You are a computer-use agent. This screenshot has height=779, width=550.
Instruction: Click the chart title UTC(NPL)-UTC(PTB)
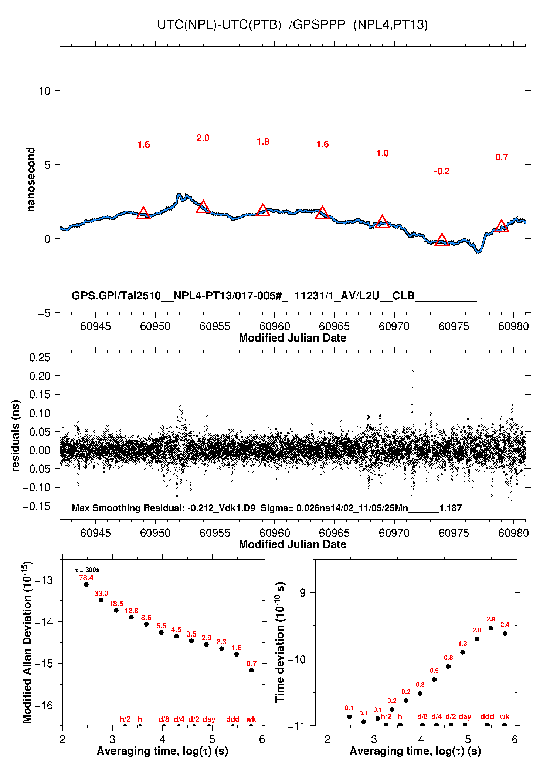coord(219,25)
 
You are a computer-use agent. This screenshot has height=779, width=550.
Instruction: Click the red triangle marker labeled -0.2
coord(442,240)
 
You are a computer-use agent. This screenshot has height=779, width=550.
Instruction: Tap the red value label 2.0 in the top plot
coord(203,138)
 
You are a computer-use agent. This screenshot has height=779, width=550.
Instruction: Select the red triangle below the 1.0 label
coord(382,221)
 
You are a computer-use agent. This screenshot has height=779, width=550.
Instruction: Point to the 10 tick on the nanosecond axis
coord(44,91)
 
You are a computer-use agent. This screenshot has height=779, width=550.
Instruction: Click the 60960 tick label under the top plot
coord(275,326)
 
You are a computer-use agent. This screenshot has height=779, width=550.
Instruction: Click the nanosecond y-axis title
coord(31,179)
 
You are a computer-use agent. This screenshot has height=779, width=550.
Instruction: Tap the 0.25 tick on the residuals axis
coord(40,357)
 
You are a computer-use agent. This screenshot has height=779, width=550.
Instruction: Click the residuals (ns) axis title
coord(16,436)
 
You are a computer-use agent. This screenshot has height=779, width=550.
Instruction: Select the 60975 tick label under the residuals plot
coord(454,533)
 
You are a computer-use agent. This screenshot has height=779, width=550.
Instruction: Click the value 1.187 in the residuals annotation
coord(451,508)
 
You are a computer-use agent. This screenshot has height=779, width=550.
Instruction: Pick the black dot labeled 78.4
coord(86,584)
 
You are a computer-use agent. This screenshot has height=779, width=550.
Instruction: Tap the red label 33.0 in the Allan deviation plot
coord(101,594)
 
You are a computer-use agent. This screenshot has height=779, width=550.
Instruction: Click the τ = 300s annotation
coord(87,570)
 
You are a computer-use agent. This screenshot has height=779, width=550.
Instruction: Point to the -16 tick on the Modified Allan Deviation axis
coord(44,705)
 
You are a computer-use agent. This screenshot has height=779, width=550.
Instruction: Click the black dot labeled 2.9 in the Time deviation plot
coord(491,628)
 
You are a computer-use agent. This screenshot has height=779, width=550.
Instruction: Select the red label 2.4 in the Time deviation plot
coord(505,625)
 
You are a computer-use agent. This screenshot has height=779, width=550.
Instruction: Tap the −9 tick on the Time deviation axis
coord(299,593)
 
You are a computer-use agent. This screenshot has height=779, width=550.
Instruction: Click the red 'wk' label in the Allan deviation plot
coord(251,719)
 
